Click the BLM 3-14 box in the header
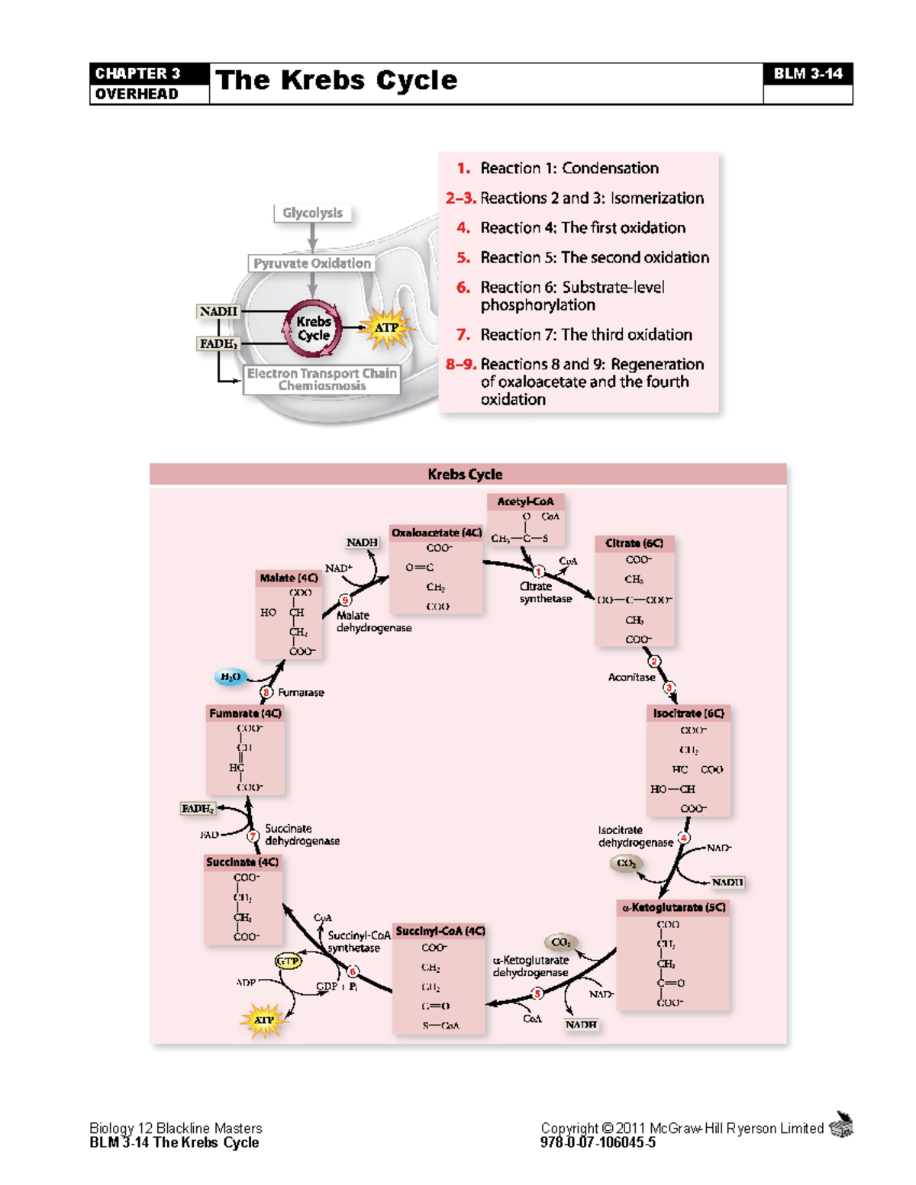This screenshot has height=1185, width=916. tap(808, 74)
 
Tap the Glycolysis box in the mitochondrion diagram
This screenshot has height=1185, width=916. tap(312, 213)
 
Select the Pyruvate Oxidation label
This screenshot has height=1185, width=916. tap(312, 263)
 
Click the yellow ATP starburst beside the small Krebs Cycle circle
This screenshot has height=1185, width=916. tap(387, 328)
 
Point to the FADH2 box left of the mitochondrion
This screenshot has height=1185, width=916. tap(218, 344)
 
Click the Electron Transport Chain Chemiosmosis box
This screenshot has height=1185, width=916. tap(321, 379)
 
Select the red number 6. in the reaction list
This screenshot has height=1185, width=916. tap(463, 288)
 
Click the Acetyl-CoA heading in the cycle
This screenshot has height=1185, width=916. tap(525, 501)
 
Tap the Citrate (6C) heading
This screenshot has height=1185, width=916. tap(634, 543)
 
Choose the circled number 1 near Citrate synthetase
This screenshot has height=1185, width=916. tap(539, 572)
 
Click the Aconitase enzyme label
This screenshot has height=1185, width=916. tap(631, 677)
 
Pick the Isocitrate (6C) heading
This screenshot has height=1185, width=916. tap(688, 713)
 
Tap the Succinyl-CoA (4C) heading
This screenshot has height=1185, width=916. tap(440, 931)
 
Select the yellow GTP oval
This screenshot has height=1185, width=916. tap(288, 961)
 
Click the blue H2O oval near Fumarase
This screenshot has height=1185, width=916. tap(230, 677)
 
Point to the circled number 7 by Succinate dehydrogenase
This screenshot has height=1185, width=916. tap(253, 836)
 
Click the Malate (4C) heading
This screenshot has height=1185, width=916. tap(289, 578)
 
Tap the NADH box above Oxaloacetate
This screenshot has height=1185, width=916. tap(362, 543)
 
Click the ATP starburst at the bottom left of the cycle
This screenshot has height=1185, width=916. tap(263, 1020)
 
